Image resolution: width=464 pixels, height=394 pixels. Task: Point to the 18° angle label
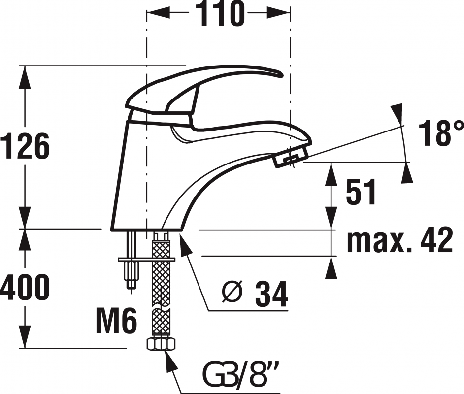click(x=440, y=133)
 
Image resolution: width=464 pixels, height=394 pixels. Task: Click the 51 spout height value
click(x=361, y=192)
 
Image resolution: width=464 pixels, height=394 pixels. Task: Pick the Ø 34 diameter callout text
click(x=255, y=294)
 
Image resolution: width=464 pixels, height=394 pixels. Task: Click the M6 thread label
click(x=117, y=320)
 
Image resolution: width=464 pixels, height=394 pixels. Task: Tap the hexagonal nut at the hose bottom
click(x=161, y=344)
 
